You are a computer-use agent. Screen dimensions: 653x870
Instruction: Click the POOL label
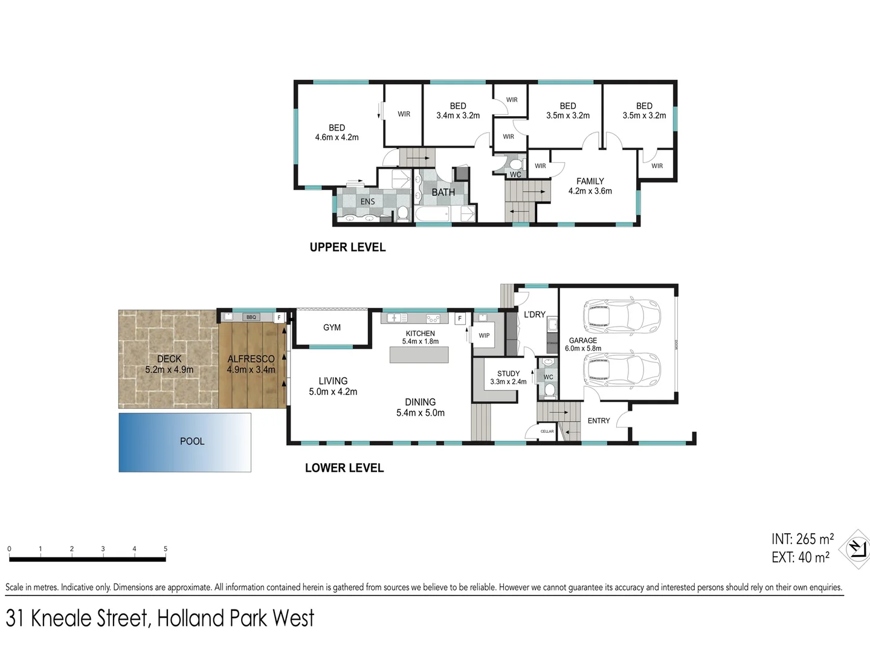point(192,441)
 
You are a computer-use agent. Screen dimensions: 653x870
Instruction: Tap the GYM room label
point(332,328)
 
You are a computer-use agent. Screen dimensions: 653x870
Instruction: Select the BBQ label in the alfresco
point(251,317)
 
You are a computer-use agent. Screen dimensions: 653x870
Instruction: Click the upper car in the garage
point(622,314)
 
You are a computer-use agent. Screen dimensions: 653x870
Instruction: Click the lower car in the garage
point(622,369)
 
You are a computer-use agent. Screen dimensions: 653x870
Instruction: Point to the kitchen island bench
point(419,355)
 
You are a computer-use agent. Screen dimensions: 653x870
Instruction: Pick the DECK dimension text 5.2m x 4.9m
point(169,369)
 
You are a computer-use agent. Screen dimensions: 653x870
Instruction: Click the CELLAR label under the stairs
point(547,432)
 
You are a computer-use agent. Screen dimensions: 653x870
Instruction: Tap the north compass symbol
point(855,549)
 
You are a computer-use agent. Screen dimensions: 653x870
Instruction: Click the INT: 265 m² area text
point(802,539)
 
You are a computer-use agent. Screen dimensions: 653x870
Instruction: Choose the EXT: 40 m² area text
point(800,557)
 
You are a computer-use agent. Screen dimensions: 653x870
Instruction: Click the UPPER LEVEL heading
point(347,247)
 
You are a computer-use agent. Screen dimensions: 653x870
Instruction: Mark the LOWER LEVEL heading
point(344,468)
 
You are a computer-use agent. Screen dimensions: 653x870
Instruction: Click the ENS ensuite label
point(367,201)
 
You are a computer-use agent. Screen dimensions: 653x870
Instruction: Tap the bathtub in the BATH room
point(433,214)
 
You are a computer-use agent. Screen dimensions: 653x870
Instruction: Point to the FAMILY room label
point(590,181)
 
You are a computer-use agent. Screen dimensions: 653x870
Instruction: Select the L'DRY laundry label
point(534,314)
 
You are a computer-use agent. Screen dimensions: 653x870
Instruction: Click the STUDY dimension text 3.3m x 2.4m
point(508,382)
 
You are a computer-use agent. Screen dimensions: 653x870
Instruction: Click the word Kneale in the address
point(89,619)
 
